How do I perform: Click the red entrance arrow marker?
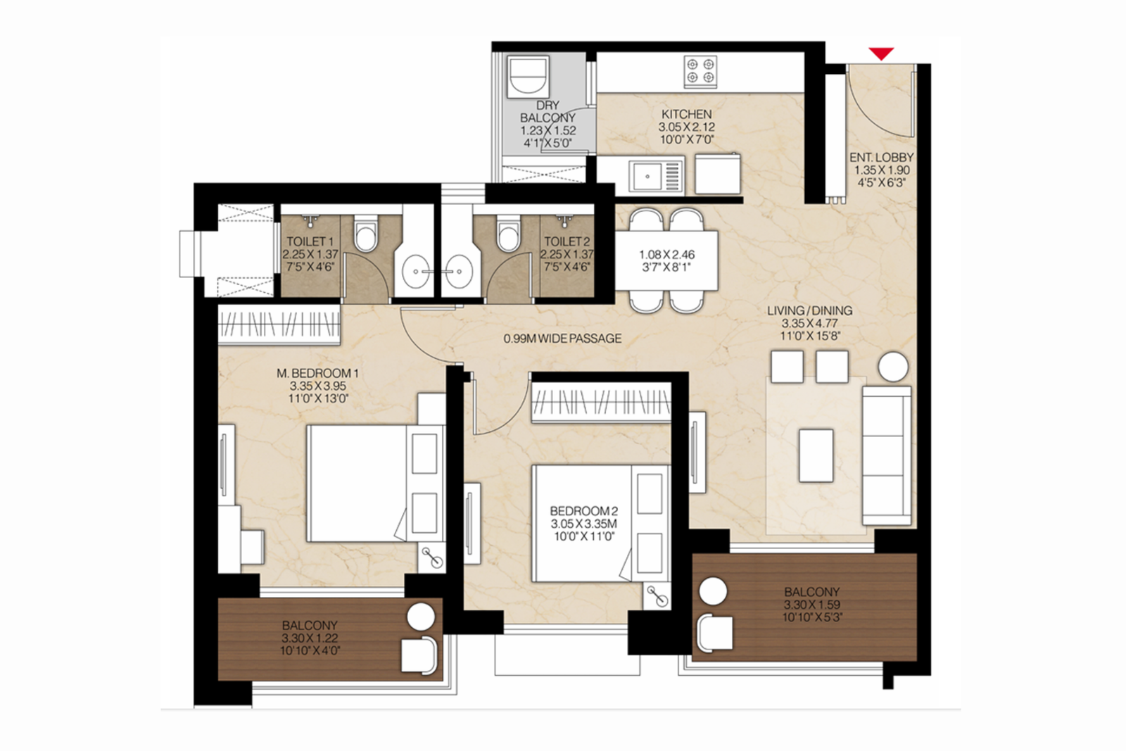click(880, 53)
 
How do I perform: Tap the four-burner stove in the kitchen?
click(700, 71)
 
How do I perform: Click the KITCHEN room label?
click(686, 114)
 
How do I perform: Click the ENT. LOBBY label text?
click(881, 158)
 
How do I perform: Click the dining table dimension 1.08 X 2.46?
click(666, 255)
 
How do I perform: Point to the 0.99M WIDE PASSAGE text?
click(562, 339)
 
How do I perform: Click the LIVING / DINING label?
click(809, 310)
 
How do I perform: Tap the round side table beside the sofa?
click(893, 367)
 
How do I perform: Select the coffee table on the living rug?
click(816, 455)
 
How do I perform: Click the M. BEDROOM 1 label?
click(317, 373)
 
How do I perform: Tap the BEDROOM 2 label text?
click(583, 511)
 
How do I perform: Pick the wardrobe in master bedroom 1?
click(279, 324)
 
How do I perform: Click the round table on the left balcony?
click(422, 617)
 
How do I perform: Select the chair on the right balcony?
click(714, 631)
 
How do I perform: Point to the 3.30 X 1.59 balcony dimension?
click(811, 605)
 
